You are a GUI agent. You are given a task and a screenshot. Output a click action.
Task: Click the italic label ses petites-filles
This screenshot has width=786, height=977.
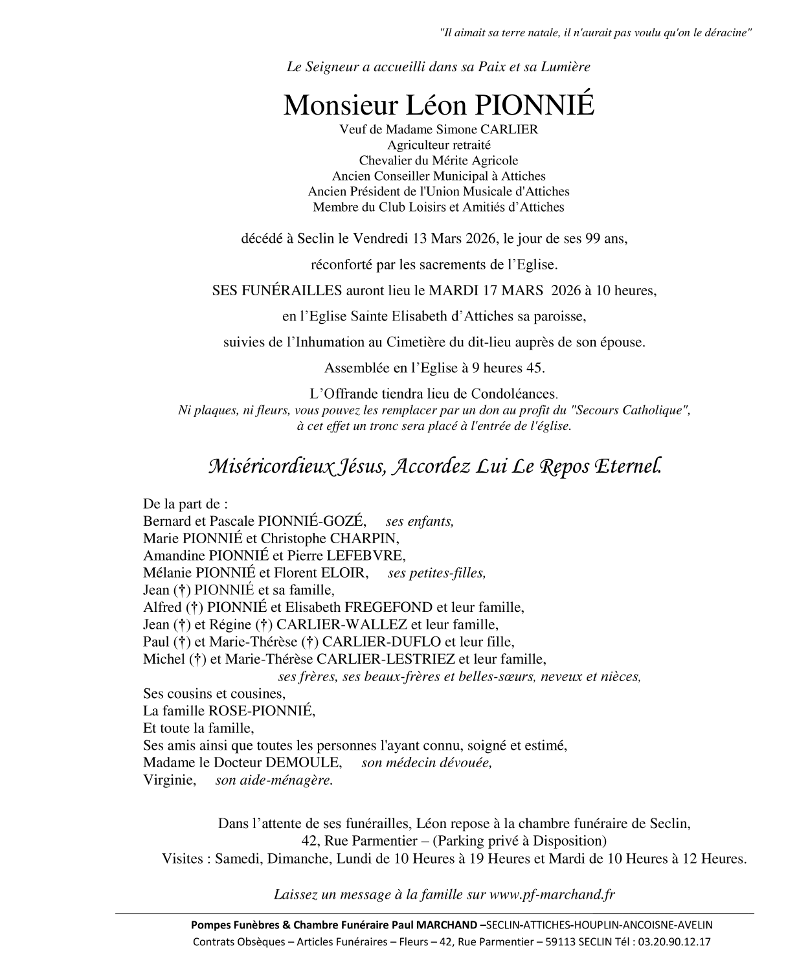436,573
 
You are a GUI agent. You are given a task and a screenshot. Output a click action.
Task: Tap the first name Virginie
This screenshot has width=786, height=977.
170,780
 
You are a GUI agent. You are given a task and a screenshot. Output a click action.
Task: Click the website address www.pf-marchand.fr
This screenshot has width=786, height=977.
552,895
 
